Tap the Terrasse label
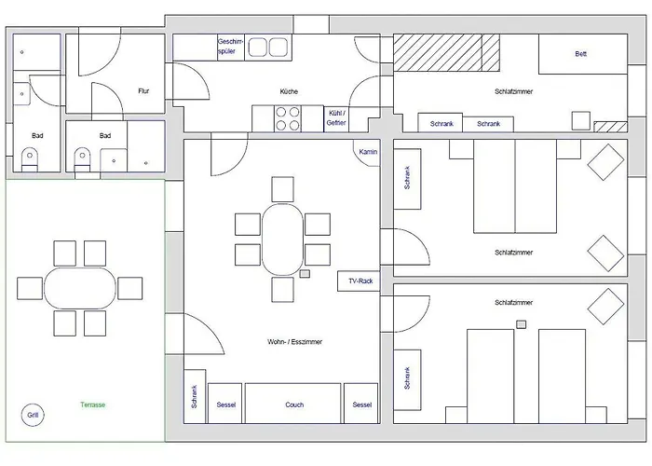[93, 404]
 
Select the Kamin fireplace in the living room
[367, 153]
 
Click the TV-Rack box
[359, 281]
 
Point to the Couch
[293, 404]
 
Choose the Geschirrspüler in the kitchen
[231, 47]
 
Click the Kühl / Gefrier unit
[336, 119]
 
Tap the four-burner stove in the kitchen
[288, 118]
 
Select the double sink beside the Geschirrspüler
[268, 47]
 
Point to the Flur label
[143, 90]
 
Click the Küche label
[289, 91]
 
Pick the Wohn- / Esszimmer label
[294, 342]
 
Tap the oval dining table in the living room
[283, 240]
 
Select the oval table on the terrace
[80, 288]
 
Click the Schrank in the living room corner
[195, 396]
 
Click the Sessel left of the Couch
[225, 404]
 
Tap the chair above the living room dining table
[283, 189]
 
